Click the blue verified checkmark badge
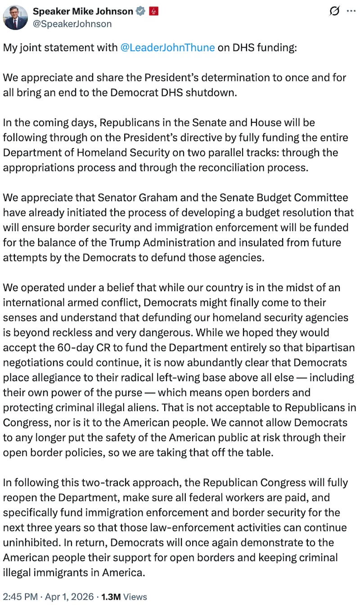tap(141, 11)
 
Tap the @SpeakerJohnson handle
tap(72, 24)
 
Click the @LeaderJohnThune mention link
tap(167, 48)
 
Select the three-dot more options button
tap(351, 11)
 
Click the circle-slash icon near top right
tap(334, 11)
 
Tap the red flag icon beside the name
tap(153, 11)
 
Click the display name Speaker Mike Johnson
tap(83, 11)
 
